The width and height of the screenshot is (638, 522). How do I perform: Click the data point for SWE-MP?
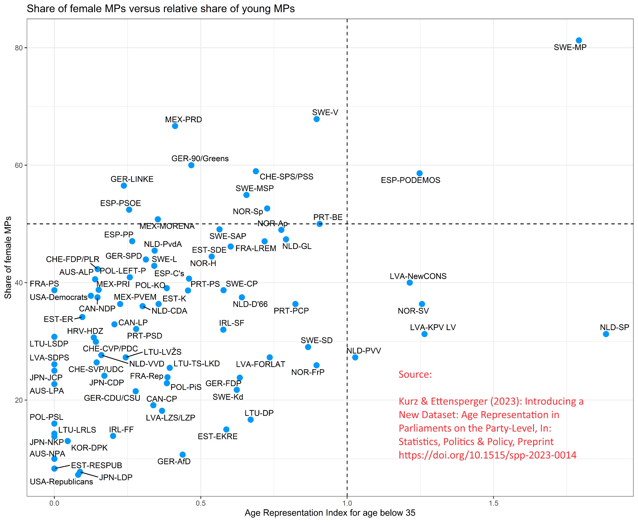click(x=579, y=41)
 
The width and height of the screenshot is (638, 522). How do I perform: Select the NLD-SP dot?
click(x=606, y=334)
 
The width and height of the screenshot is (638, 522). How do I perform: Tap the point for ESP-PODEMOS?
click(x=419, y=173)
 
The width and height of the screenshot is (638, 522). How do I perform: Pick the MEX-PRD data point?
click(x=175, y=126)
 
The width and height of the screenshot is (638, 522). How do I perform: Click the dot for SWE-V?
click(x=316, y=119)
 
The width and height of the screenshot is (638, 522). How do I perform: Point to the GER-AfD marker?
click(x=182, y=455)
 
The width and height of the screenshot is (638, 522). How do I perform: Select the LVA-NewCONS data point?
click(x=410, y=283)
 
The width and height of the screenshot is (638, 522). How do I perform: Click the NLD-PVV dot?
click(x=355, y=357)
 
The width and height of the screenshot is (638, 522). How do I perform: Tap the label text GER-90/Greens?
click(x=200, y=159)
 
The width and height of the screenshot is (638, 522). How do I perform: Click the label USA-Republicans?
click(x=61, y=482)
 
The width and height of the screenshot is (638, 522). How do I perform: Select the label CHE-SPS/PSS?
click(x=286, y=177)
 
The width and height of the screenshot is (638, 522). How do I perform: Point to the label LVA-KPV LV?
click(x=433, y=327)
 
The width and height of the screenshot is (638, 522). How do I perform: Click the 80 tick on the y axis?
click(x=19, y=48)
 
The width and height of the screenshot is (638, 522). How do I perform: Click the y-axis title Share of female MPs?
click(x=8, y=257)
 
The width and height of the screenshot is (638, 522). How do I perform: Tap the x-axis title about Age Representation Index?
click(x=330, y=513)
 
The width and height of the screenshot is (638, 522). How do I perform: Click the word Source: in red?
click(x=415, y=374)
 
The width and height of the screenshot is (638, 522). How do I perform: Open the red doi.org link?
click(x=487, y=455)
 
